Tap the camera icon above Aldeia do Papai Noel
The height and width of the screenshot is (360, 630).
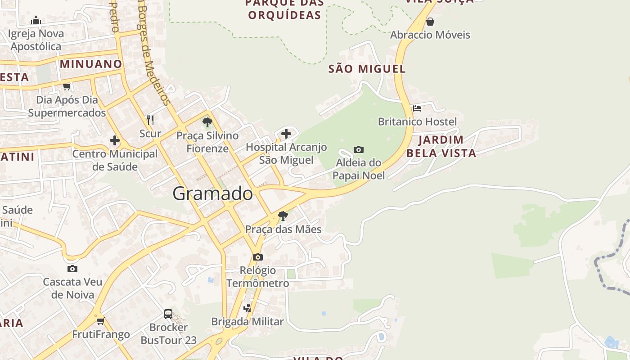[x=359, y=149]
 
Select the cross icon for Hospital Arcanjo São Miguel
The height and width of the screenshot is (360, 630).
[x=286, y=133]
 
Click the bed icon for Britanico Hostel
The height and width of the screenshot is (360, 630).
[x=417, y=108]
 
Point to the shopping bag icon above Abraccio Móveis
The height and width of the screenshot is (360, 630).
[x=430, y=21]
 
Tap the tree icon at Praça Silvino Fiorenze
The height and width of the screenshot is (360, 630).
[x=207, y=122]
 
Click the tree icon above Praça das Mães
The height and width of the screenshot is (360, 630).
[x=283, y=216]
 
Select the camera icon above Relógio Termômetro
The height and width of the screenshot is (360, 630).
[x=258, y=257]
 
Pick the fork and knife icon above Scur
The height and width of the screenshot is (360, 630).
[x=150, y=120]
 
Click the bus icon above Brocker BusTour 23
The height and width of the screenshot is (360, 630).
[x=168, y=314]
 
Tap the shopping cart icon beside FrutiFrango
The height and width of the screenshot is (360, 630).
[x=101, y=321]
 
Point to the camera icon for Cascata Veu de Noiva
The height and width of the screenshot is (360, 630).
[x=72, y=269]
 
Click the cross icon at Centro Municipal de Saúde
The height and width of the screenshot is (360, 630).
[x=115, y=140]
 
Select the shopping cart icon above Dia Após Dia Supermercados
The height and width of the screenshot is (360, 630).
[x=67, y=86]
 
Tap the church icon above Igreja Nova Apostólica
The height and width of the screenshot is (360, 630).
[x=36, y=20]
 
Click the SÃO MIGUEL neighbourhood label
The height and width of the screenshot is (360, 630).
[x=367, y=69]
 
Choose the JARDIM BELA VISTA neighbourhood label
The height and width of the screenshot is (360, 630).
[x=441, y=146]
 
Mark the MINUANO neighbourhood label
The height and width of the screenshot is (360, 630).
[x=91, y=64]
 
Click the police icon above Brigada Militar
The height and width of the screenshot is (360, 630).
[x=247, y=308]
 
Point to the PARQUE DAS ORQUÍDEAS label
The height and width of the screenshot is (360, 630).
[x=284, y=9]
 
